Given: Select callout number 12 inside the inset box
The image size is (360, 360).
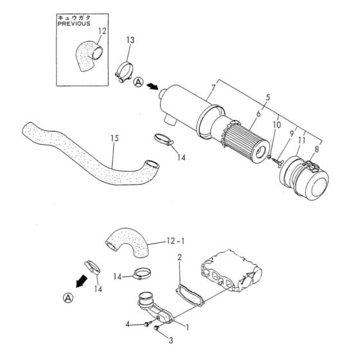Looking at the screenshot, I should pos(103,31).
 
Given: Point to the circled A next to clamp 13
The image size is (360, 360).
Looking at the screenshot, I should pos(138,82).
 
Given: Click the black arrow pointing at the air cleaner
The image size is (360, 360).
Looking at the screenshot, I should pos(152,85).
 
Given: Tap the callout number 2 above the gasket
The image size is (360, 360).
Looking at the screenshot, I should pos(179,257).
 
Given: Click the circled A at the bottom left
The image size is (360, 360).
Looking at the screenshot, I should pos(68,297).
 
